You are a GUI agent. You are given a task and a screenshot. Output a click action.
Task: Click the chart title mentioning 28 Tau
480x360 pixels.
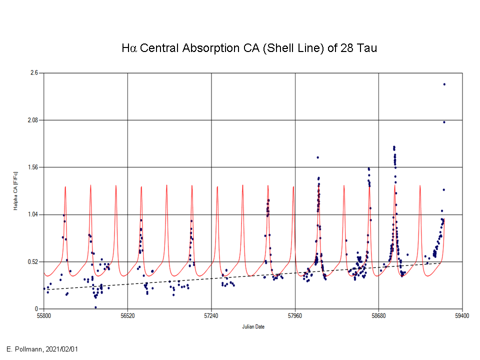pyautogui.click(x=249, y=48)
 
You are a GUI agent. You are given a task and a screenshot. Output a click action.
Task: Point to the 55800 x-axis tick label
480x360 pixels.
pyautogui.click(x=43, y=316)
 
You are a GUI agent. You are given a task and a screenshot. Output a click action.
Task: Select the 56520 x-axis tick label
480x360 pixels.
pyautogui.click(x=127, y=316)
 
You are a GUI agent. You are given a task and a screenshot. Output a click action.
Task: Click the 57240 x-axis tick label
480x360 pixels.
pyautogui.click(x=211, y=316)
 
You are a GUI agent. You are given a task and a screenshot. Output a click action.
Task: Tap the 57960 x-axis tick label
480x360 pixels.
pyautogui.click(x=295, y=316)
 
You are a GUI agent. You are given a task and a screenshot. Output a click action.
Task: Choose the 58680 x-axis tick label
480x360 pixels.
pyautogui.click(x=378, y=316)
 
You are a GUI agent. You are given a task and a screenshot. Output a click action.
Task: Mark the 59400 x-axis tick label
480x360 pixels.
pyautogui.click(x=462, y=316)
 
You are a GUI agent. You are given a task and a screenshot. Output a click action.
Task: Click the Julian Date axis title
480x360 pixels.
pyautogui.click(x=253, y=327)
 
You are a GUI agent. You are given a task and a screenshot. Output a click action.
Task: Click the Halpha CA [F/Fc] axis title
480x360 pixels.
pyautogui.click(x=15, y=191)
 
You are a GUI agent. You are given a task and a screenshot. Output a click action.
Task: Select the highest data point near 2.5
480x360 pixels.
pyautogui.click(x=444, y=84)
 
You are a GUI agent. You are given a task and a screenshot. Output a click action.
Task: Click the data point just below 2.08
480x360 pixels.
pyautogui.click(x=444, y=122)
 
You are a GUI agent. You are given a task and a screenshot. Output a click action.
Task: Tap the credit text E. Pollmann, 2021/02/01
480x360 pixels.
pyautogui.click(x=42, y=349)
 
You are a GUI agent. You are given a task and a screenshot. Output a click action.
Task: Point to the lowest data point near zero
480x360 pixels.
pyautogui.click(x=95, y=307)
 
